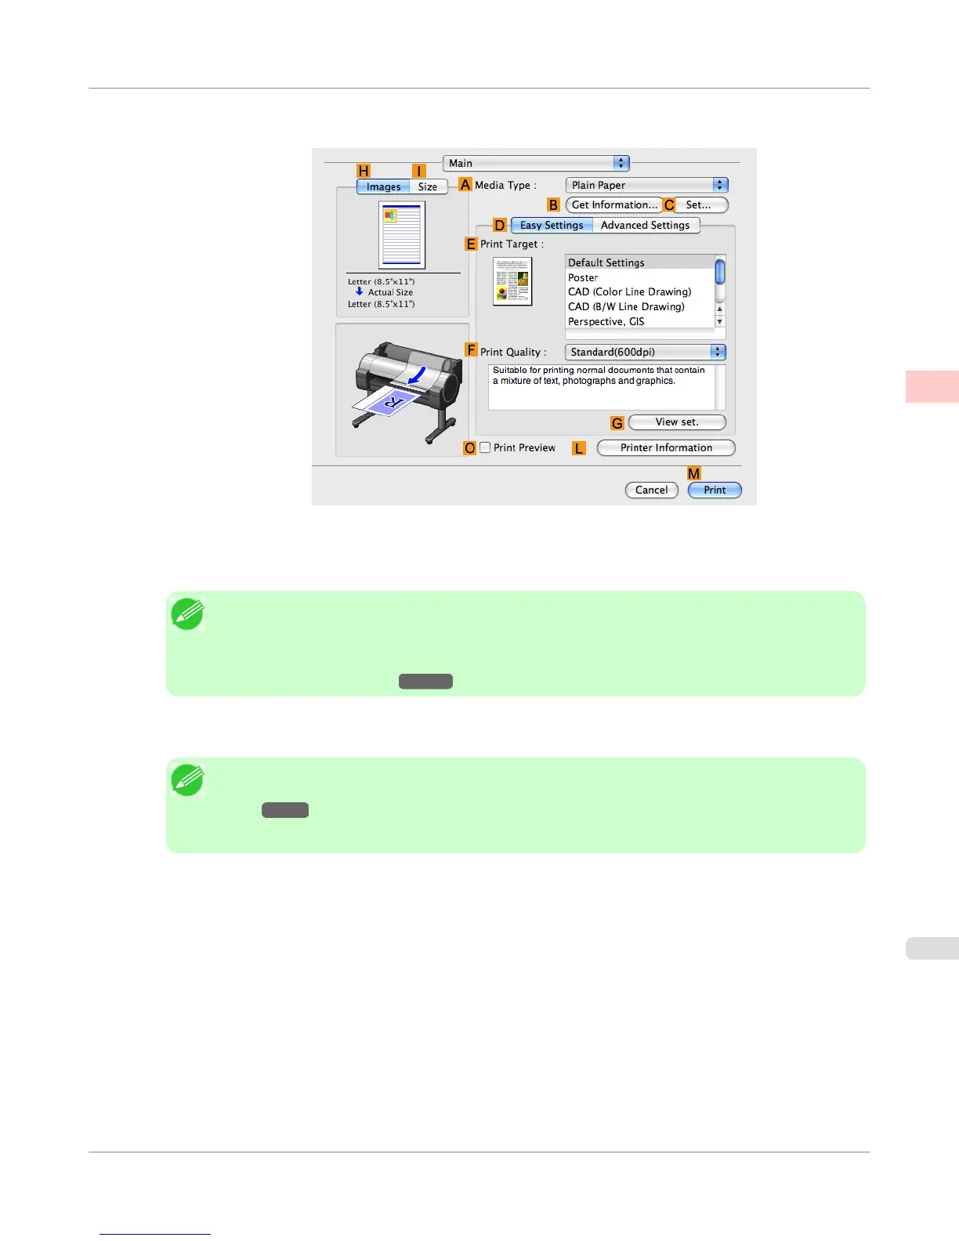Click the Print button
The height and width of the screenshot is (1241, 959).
click(715, 490)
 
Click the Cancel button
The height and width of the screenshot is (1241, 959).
click(651, 490)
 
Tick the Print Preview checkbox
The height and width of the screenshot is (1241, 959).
click(486, 447)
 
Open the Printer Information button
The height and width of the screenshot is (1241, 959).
click(666, 447)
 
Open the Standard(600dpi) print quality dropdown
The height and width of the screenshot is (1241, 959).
click(646, 353)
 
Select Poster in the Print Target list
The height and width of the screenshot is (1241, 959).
click(583, 277)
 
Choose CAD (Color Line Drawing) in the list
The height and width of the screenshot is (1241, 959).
click(629, 291)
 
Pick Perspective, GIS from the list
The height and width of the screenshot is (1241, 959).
click(606, 321)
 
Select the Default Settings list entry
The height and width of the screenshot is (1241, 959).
click(606, 262)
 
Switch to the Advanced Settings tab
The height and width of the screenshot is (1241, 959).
click(645, 225)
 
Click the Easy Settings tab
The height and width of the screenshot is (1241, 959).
click(552, 225)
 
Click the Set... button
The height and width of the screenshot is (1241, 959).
click(697, 204)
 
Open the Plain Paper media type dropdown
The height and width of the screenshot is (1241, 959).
click(646, 185)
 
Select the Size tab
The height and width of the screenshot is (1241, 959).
click(428, 186)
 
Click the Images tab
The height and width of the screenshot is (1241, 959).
click(383, 186)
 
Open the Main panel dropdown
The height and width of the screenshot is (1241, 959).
click(536, 163)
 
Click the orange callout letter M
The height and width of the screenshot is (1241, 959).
click(694, 473)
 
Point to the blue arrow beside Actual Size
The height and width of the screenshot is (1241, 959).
click(360, 291)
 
